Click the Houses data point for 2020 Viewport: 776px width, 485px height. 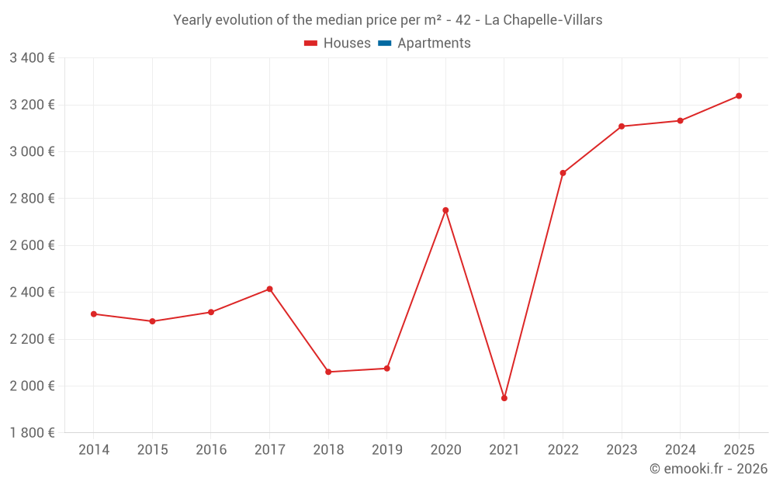pyautogui.click(x=445, y=210)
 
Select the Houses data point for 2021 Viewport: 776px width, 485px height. pyautogui.click(x=504, y=398)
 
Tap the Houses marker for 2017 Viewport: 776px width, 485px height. pyautogui.click(x=269, y=289)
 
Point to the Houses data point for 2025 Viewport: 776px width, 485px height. pyautogui.click(x=739, y=96)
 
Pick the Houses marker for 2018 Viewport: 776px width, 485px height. pyautogui.click(x=328, y=372)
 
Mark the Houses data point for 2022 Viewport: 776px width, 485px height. pyautogui.click(x=563, y=173)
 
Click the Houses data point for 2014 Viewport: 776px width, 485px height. pyautogui.click(x=94, y=314)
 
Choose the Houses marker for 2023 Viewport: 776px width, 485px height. pyautogui.click(x=622, y=126)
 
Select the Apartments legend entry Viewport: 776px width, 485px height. pyautogui.click(x=433, y=43)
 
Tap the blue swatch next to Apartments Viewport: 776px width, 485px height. pyautogui.click(x=385, y=43)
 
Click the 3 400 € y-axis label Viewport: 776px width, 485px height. pyautogui.click(x=32, y=58)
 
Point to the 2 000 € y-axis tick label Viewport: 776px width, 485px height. pyautogui.click(x=32, y=386)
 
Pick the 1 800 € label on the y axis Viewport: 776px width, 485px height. pyautogui.click(x=32, y=433)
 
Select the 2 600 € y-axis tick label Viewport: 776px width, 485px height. pyautogui.click(x=32, y=245)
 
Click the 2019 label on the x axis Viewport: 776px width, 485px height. pyautogui.click(x=386, y=450)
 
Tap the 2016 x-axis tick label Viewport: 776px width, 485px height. pyautogui.click(x=211, y=450)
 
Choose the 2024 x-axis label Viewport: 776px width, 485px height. pyautogui.click(x=680, y=450)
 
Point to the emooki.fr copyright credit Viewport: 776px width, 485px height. pyautogui.click(x=708, y=469)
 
